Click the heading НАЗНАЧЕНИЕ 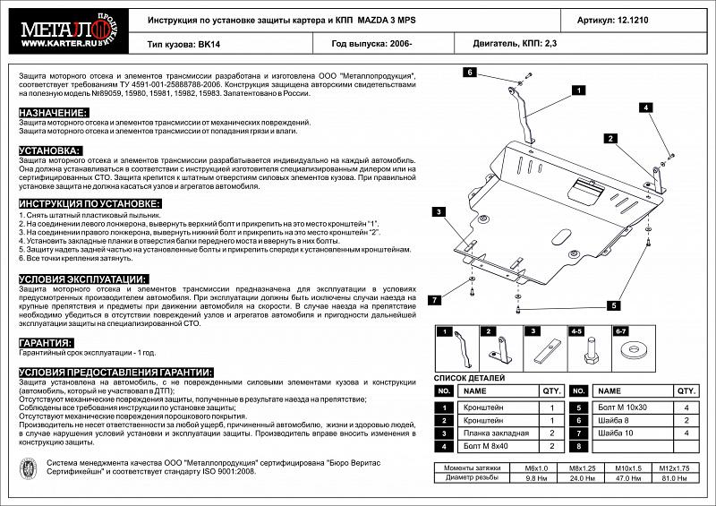click(x=53, y=113)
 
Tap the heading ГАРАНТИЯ click(x=46, y=342)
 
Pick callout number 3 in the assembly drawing click(x=440, y=211)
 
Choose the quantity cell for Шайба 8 click(x=686, y=420)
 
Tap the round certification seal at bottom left click(x=29, y=468)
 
